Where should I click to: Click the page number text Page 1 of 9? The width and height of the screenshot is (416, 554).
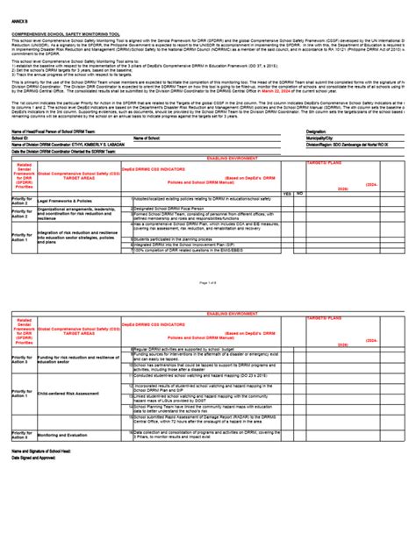207,283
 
